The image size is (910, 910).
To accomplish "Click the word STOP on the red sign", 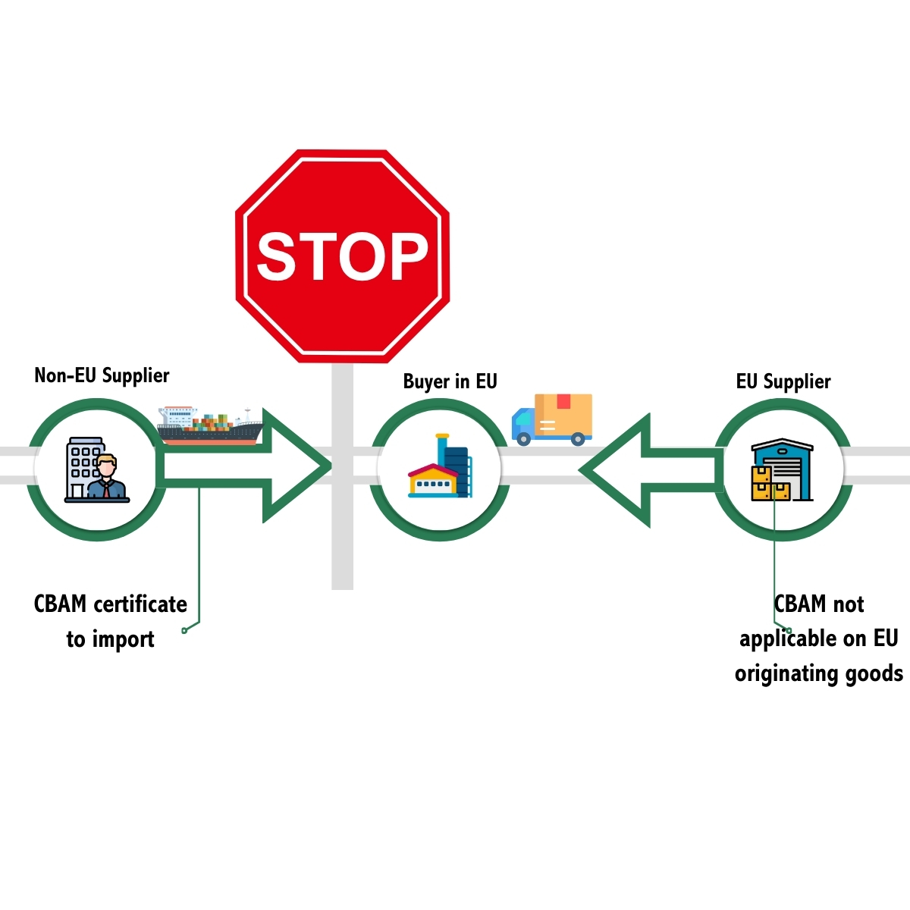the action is pyautogui.click(x=342, y=256).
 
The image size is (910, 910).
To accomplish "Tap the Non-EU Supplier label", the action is pyautogui.click(x=102, y=375).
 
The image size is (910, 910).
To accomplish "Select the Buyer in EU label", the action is pyautogui.click(x=450, y=381).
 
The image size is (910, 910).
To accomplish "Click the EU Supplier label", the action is pyautogui.click(x=783, y=381).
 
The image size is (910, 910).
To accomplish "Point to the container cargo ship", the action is pyautogui.click(x=210, y=425).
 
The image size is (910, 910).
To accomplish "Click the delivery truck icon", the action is pyautogui.click(x=551, y=419).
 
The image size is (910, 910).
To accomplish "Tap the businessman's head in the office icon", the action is pyautogui.click(x=107, y=466).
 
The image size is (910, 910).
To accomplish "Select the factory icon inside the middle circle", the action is pyautogui.click(x=440, y=466).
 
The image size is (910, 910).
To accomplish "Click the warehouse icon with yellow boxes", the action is pyautogui.click(x=782, y=469).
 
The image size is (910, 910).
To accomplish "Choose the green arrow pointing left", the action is pyautogui.click(x=651, y=469).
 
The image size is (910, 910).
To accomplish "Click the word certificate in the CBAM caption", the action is pyautogui.click(x=140, y=604).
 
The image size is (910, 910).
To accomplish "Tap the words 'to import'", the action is pyautogui.click(x=110, y=639).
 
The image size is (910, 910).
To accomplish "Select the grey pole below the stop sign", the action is pyautogui.click(x=342, y=476).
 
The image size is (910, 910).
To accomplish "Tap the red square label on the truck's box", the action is pyautogui.click(x=563, y=401).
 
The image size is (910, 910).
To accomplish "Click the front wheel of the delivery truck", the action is pyautogui.click(x=523, y=439).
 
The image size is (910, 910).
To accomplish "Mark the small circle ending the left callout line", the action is pyautogui.click(x=184, y=630).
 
